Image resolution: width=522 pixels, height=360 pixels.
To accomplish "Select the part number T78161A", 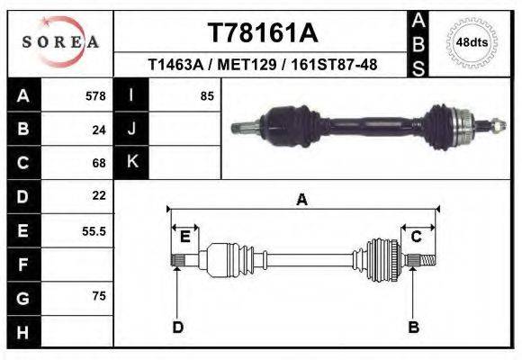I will click(x=262, y=33).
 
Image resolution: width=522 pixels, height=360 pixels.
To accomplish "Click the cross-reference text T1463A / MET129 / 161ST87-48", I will click(x=262, y=65).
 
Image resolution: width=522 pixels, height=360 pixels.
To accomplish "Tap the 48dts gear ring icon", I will click(x=472, y=42).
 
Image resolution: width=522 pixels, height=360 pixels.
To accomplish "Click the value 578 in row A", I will click(x=95, y=96).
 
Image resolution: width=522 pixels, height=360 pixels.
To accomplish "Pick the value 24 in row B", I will click(x=99, y=130).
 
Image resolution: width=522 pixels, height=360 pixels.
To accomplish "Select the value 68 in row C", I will click(x=99, y=163).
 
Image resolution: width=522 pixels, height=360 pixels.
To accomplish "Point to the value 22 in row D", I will click(x=99, y=195).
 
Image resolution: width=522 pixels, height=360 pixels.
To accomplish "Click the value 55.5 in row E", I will click(x=94, y=231).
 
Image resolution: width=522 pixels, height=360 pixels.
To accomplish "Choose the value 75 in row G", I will click(x=99, y=295).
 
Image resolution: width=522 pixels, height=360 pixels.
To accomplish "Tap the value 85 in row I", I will click(x=207, y=96).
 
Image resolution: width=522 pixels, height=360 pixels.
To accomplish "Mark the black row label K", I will click(x=131, y=162).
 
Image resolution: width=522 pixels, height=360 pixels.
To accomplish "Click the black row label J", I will click(x=131, y=130).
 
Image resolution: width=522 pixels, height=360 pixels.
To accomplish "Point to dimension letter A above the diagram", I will click(x=302, y=201).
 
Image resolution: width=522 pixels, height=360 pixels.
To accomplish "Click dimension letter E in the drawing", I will click(x=185, y=237).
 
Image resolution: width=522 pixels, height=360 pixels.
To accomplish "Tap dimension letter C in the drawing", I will click(x=417, y=237).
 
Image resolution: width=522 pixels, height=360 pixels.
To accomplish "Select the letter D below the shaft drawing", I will click(x=178, y=327).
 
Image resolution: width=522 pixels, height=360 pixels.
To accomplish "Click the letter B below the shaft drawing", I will click(x=414, y=327).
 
